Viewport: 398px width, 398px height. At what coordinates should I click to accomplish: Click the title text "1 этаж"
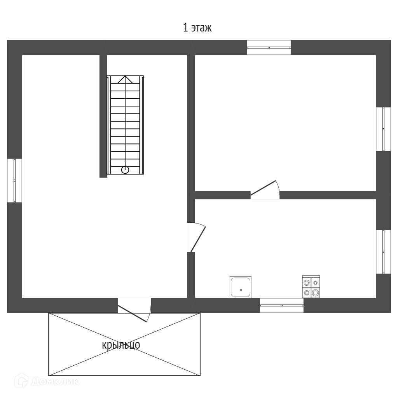(197, 28)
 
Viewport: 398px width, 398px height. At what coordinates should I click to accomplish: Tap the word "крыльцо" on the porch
(121, 345)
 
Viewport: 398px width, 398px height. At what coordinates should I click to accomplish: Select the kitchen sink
(241, 287)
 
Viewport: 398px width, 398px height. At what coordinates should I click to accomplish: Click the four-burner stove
(311, 287)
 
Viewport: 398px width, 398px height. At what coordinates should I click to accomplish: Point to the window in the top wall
(269, 47)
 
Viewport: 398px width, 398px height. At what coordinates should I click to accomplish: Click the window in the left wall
(14, 180)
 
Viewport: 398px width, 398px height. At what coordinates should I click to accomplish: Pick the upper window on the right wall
(383, 129)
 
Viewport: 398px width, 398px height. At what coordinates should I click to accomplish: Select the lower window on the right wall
(383, 252)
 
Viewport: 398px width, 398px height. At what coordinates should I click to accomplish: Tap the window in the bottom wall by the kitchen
(281, 305)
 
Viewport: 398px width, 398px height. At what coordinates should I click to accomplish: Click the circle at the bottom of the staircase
(125, 170)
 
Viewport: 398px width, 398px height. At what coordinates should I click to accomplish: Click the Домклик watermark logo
(47, 381)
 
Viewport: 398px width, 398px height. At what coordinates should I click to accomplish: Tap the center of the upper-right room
(285, 123)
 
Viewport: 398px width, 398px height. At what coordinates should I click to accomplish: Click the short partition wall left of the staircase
(103, 116)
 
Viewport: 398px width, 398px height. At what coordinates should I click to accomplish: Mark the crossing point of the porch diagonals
(124, 344)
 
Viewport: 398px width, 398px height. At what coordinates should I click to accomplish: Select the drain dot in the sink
(241, 290)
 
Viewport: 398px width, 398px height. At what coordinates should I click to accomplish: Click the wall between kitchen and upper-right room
(327, 195)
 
